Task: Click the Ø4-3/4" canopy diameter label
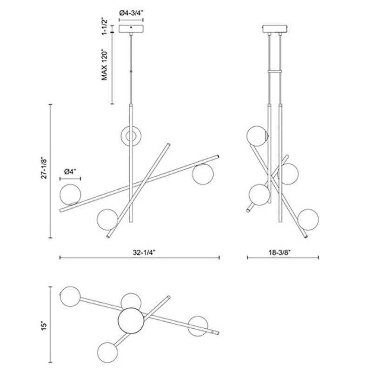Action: click(131, 13)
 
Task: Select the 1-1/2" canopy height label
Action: click(104, 26)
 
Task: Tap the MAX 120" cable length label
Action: click(104, 65)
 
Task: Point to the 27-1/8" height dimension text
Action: click(44, 168)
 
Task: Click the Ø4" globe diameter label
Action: click(70, 171)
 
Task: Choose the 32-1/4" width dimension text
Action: click(144, 252)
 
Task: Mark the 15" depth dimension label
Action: click(44, 326)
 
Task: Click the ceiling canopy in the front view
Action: click(131, 29)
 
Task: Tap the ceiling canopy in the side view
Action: click(275, 29)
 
